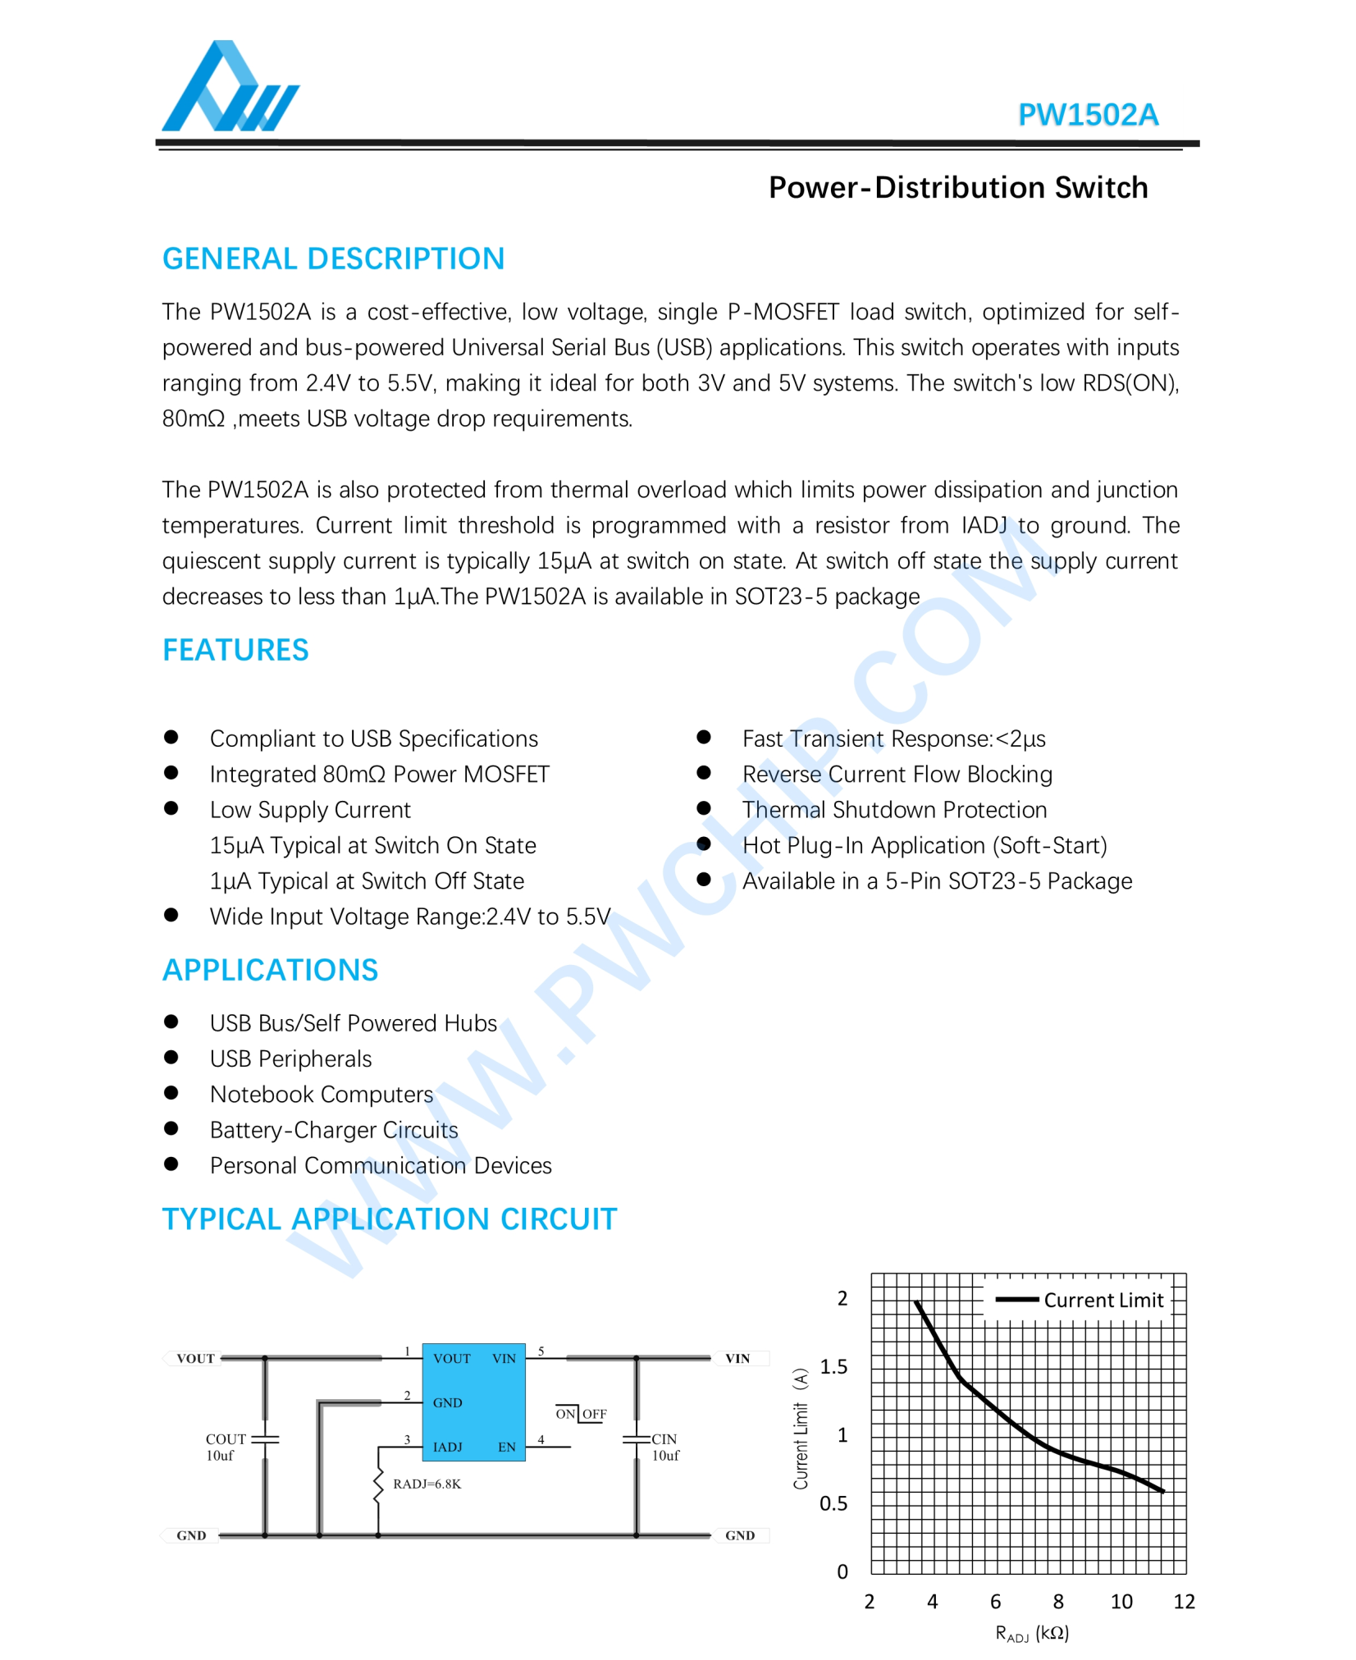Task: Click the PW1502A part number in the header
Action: tap(1087, 115)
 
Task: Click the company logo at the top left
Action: tap(230, 89)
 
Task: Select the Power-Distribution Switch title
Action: tap(957, 188)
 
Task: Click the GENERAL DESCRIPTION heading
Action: tap(333, 259)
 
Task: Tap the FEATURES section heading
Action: tap(235, 650)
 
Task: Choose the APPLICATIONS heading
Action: tap(270, 970)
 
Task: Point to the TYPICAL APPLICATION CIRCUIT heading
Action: tap(389, 1219)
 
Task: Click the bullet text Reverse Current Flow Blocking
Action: tap(897, 774)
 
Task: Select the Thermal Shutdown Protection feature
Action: tap(894, 810)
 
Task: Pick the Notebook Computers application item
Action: tap(321, 1095)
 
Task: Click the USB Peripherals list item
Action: tap(290, 1059)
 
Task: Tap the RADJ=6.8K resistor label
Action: tap(427, 1484)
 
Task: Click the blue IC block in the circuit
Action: tap(473, 1402)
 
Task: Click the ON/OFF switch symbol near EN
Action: tap(580, 1414)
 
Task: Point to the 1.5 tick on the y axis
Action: tap(833, 1366)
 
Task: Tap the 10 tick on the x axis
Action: tap(1121, 1601)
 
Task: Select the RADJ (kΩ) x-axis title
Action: tap(1031, 1633)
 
